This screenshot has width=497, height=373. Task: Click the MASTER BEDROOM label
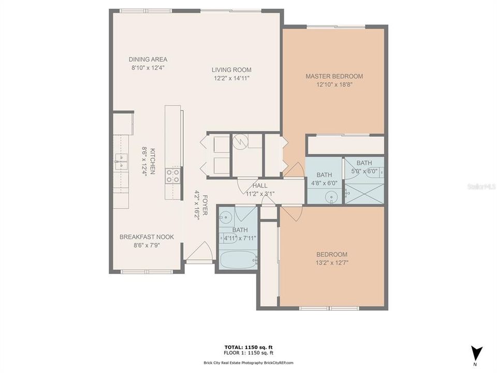point(334,76)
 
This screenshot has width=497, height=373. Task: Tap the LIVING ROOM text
point(231,70)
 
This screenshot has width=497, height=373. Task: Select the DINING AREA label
point(148,59)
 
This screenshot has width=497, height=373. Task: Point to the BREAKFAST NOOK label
point(147,237)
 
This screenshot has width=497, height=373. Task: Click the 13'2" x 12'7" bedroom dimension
point(332,263)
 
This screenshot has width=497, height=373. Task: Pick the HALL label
point(260,185)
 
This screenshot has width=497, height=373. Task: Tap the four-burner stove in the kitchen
point(173,176)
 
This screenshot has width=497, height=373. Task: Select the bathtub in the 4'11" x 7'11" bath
point(237,257)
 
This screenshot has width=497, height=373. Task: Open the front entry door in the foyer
point(199,254)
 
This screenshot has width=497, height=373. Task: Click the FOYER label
point(204,205)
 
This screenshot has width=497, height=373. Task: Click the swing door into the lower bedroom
point(291,212)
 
